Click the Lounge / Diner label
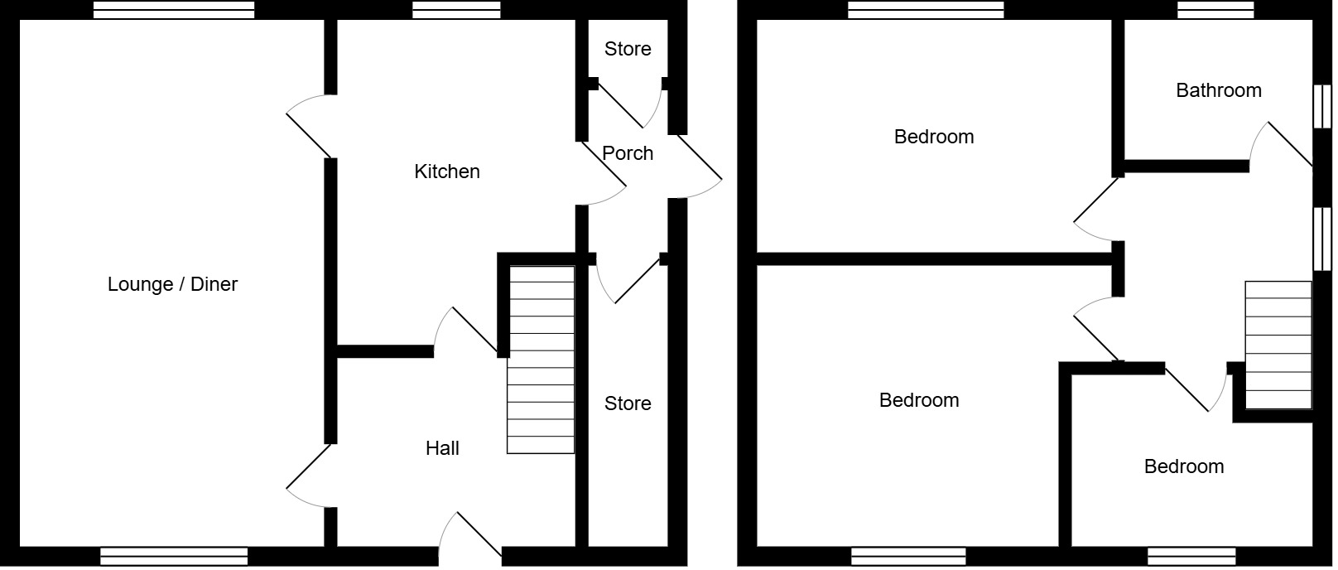pos(172,284)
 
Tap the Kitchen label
pos(447,171)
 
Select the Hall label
pos(442,448)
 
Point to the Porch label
pos(628,153)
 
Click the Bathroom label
pos(1219,90)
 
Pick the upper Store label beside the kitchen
pos(628,49)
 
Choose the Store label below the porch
pos(628,403)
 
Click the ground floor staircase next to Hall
pos(541,360)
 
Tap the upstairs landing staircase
pos(1278,345)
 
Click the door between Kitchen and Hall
pos(466,331)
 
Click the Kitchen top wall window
pos(456,10)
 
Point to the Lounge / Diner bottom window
pos(174,556)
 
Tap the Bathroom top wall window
pos(1215,10)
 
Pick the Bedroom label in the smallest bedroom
pos(1184,466)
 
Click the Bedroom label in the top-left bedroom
pos(934,137)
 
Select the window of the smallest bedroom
pos(1191,556)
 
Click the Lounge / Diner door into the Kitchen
pos(310,127)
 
